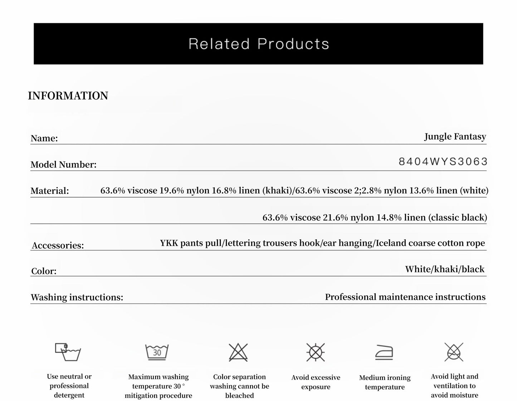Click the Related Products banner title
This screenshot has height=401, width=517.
(258, 44)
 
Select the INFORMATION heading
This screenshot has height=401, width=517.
(68, 96)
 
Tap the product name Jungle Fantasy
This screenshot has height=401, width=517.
(455, 137)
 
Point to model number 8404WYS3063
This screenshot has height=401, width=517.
(443, 162)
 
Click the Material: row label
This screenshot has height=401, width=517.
(50, 191)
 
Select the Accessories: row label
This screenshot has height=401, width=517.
(58, 245)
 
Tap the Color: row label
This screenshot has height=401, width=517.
(44, 271)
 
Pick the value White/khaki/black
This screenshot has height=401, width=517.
(445, 269)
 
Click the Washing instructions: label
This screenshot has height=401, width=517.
(77, 298)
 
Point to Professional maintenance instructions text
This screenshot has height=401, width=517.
(405, 297)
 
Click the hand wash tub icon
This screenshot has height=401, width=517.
(68, 352)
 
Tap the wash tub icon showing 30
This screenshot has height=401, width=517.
(157, 352)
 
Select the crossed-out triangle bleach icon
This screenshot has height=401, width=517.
(238, 352)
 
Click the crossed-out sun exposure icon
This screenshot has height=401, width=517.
(316, 352)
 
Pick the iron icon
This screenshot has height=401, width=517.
(384, 352)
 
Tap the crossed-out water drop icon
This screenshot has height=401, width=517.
(454, 352)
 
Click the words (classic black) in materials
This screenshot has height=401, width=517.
(458, 217)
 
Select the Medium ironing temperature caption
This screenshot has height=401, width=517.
(385, 382)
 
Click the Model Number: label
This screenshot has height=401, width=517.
(64, 165)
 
